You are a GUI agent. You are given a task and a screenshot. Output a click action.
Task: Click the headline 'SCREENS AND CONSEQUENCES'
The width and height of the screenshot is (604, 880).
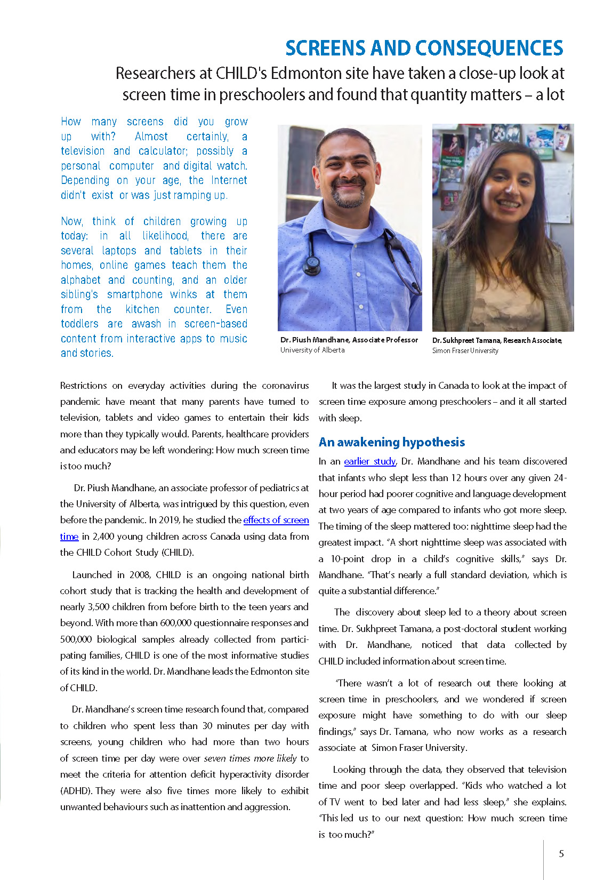(x=424, y=48)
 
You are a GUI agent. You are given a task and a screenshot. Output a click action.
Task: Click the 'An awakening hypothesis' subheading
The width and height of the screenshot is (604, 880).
(x=391, y=442)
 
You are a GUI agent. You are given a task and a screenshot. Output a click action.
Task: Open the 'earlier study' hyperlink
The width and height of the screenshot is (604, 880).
(x=369, y=461)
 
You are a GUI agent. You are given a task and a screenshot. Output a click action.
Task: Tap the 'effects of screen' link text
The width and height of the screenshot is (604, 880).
(x=276, y=520)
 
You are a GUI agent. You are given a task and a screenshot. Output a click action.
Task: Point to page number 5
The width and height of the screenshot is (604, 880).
(x=561, y=854)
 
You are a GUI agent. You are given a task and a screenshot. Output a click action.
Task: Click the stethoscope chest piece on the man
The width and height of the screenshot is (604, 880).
(x=311, y=263)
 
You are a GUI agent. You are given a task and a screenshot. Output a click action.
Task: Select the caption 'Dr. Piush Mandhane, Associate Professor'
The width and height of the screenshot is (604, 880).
(x=349, y=340)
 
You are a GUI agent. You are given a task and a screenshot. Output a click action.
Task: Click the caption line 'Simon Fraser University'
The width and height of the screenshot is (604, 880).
(x=465, y=351)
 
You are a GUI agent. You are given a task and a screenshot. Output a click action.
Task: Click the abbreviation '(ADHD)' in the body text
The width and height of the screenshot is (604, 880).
(x=76, y=791)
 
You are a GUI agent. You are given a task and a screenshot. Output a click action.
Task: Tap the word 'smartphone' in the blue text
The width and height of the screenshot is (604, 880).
(x=134, y=294)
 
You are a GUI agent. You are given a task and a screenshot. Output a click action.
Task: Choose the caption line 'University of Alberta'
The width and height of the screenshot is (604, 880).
(x=312, y=350)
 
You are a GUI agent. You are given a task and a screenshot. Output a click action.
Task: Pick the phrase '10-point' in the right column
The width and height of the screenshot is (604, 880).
(x=347, y=559)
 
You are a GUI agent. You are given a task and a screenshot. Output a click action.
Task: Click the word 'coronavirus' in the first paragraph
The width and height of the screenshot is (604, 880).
(x=285, y=386)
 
